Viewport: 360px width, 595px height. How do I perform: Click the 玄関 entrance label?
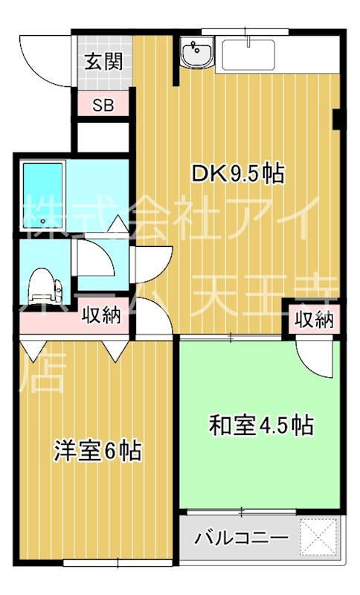(103, 62)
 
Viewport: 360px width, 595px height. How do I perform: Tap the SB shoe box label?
(103, 103)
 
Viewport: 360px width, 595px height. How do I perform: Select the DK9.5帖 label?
(237, 174)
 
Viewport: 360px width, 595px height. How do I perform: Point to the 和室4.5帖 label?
(260, 425)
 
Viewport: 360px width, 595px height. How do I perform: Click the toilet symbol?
(42, 287)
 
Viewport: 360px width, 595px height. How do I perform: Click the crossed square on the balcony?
(319, 535)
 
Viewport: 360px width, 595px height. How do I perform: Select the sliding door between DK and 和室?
(231, 338)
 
